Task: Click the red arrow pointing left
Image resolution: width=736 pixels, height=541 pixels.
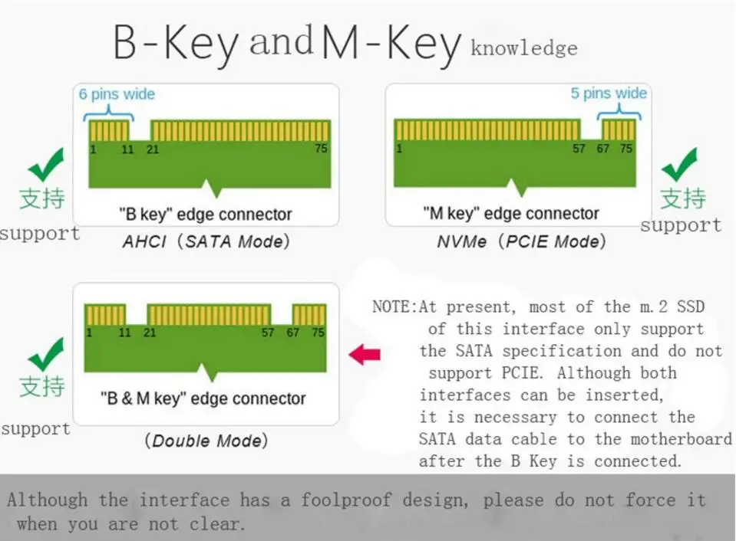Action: [365, 354]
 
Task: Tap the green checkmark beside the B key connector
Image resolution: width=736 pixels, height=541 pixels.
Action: [46, 164]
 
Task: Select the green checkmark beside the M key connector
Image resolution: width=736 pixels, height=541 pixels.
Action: [679, 164]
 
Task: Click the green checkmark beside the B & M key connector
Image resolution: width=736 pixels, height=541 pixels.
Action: [46, 354]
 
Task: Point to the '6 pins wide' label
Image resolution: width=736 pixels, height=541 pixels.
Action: [117, 94]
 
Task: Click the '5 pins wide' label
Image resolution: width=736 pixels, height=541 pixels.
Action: [609, 93]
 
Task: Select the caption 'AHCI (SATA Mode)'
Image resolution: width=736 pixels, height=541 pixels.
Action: [206, 242]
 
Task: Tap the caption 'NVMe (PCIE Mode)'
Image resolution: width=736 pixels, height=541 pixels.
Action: [521, 242]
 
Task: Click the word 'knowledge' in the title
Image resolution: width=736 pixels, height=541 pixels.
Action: [523, 49]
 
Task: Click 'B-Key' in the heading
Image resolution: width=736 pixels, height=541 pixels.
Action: [176, 44]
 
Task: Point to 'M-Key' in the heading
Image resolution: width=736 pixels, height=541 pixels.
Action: [391, 44]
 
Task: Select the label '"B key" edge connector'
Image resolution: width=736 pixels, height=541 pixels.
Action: [205, 215]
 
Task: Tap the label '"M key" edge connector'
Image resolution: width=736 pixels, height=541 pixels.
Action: [511, 214]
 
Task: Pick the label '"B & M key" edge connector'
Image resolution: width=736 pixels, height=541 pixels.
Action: [203, 398]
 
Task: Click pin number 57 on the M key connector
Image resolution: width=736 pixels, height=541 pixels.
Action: [579, 149]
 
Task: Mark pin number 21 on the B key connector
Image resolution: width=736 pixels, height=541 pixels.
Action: [153, 149]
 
